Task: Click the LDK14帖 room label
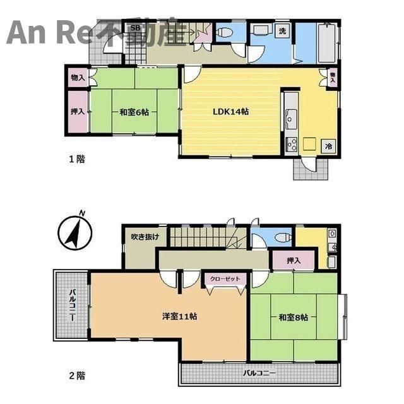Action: click(230, 112)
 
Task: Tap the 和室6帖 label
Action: click(134, 112)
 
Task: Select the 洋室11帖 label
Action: click(180, 316)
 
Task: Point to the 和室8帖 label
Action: click(293, 317)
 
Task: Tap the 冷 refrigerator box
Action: click(328, 146)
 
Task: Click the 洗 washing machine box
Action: click(282, 31)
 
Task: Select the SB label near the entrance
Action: click(135, 28)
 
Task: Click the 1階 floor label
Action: click(77, 159)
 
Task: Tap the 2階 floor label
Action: click(77, 376)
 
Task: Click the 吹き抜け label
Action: click(145, 237)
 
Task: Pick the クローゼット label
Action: click(225, 279)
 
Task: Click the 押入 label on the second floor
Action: click(294, 261)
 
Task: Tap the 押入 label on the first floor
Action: click(78, 111)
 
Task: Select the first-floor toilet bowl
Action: click(224, 33)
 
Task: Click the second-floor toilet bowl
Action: click(283, 237)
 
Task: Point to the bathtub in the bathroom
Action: click(327, 43)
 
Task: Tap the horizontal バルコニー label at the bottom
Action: click(259, 373)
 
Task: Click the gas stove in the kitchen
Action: click(292, 145)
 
